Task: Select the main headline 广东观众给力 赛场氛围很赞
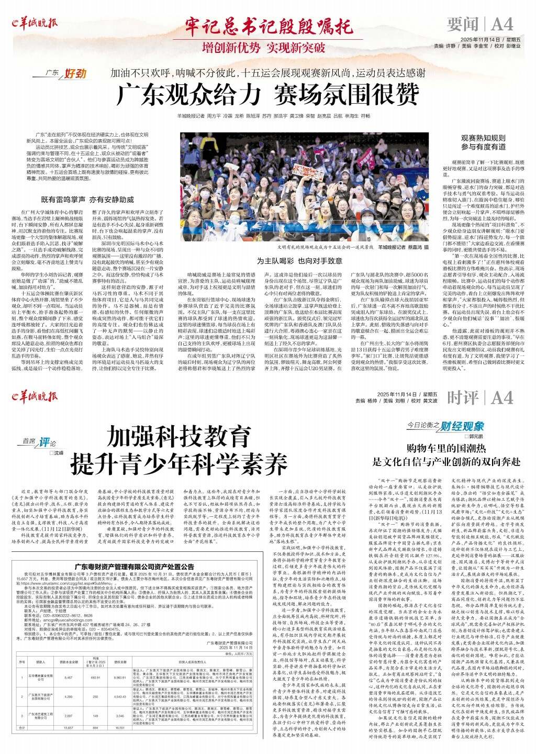point(267,95)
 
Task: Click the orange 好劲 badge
point(74,73)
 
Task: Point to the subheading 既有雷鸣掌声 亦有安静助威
point(87,199)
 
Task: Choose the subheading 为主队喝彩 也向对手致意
point(299,261)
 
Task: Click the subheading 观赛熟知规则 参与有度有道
point(483,142)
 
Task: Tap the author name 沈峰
point(56,452)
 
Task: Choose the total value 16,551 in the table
point(120,728)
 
